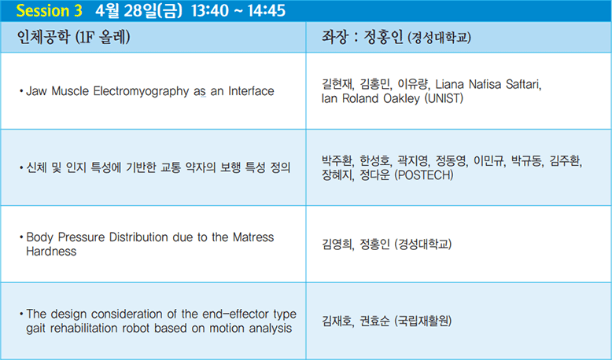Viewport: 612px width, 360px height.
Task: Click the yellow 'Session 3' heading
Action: (x=50, y=10)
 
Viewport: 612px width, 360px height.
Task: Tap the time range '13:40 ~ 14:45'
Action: (x=238, y=10)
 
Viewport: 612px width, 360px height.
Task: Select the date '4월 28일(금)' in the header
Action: (x=138, y=10)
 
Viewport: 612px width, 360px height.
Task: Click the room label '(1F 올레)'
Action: (x=102, y=37)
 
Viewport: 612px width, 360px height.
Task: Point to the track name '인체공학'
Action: (x=43, y=37)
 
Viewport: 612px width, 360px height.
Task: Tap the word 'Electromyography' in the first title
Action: (x=142, y=91)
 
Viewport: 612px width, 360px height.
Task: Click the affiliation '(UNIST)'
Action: (x=444, y=98)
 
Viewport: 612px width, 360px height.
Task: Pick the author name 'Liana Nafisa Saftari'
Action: (x=488, y=84)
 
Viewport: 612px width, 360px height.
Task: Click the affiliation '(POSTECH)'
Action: (x=424, y=175)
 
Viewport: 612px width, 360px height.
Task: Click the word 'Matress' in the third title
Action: (x=253, y=237)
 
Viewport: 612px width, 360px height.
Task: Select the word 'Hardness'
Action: (x=51, y=252)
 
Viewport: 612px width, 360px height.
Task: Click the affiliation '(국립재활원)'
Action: (x=422, y=321)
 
